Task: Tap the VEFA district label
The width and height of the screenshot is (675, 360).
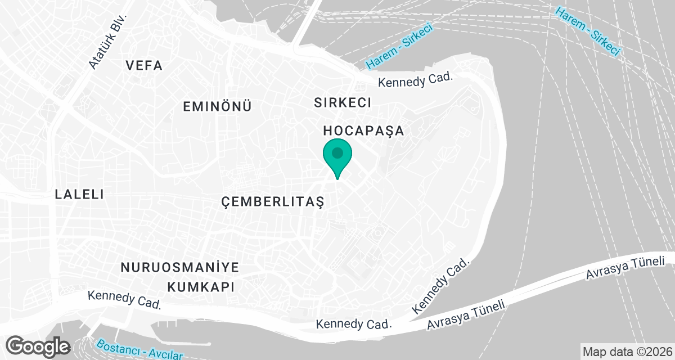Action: (x=145, y=66)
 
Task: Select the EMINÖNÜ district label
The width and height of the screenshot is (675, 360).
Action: (x=217, y=106)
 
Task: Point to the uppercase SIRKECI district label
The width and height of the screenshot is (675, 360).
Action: (x=343, y=102)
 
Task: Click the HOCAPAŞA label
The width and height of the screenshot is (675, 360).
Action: (x=364, y=131)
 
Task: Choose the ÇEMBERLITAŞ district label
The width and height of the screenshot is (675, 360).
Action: (x=273, y=201)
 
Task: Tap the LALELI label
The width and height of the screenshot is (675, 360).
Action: (x=79, y=195)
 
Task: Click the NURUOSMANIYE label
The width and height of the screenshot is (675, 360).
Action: (x=180, y=267)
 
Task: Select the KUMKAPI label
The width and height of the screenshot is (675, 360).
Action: (x=201, y=286)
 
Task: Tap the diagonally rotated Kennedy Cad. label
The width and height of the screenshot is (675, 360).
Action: (x=441, y=287)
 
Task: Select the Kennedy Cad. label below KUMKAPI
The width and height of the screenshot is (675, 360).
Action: (x=124, y=300)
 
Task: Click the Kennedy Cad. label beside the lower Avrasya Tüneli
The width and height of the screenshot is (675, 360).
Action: (x=353, y=325)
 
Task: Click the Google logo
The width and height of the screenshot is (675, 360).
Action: (x=38, y=345)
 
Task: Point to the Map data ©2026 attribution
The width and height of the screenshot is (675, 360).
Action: (x=627, y=352)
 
